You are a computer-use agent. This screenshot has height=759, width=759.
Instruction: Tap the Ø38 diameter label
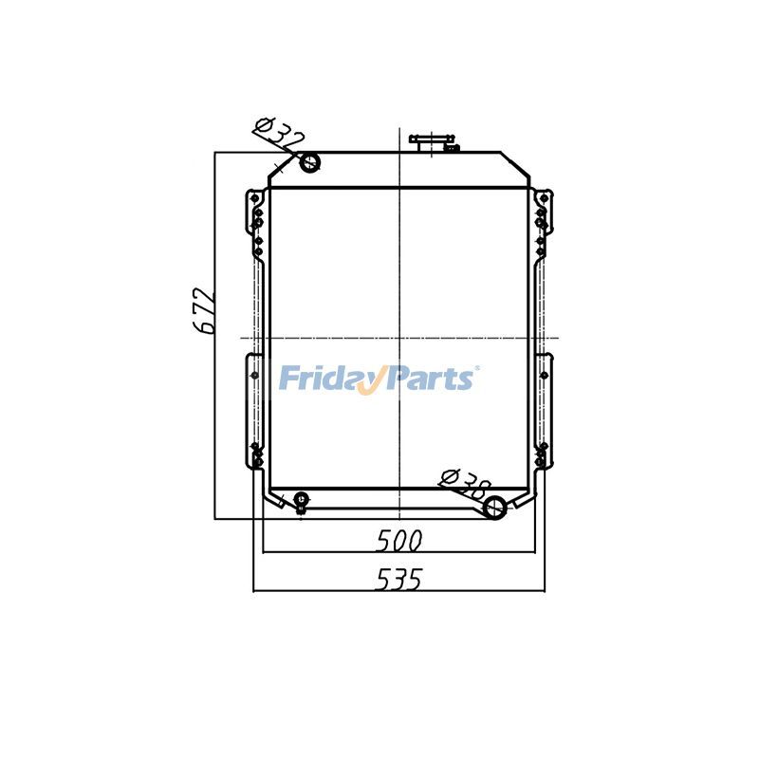(465, 484)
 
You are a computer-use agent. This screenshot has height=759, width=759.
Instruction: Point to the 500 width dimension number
(398, 541)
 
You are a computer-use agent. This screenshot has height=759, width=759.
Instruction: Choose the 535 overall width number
(398, 579)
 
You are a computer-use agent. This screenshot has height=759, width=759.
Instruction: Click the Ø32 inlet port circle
(309, 163)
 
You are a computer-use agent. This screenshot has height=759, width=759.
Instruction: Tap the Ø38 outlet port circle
(494, 508)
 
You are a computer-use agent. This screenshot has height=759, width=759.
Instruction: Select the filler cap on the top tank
(432, 142)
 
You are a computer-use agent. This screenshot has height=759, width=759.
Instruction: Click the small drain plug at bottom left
(301, 500)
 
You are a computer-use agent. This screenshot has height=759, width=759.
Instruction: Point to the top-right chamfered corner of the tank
(515, 165)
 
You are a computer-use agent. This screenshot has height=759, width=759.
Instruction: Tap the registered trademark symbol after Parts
(477, 369)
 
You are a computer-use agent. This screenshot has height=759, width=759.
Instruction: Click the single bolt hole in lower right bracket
(544, 375)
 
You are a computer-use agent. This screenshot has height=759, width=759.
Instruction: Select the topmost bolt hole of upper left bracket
(254, 197)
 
